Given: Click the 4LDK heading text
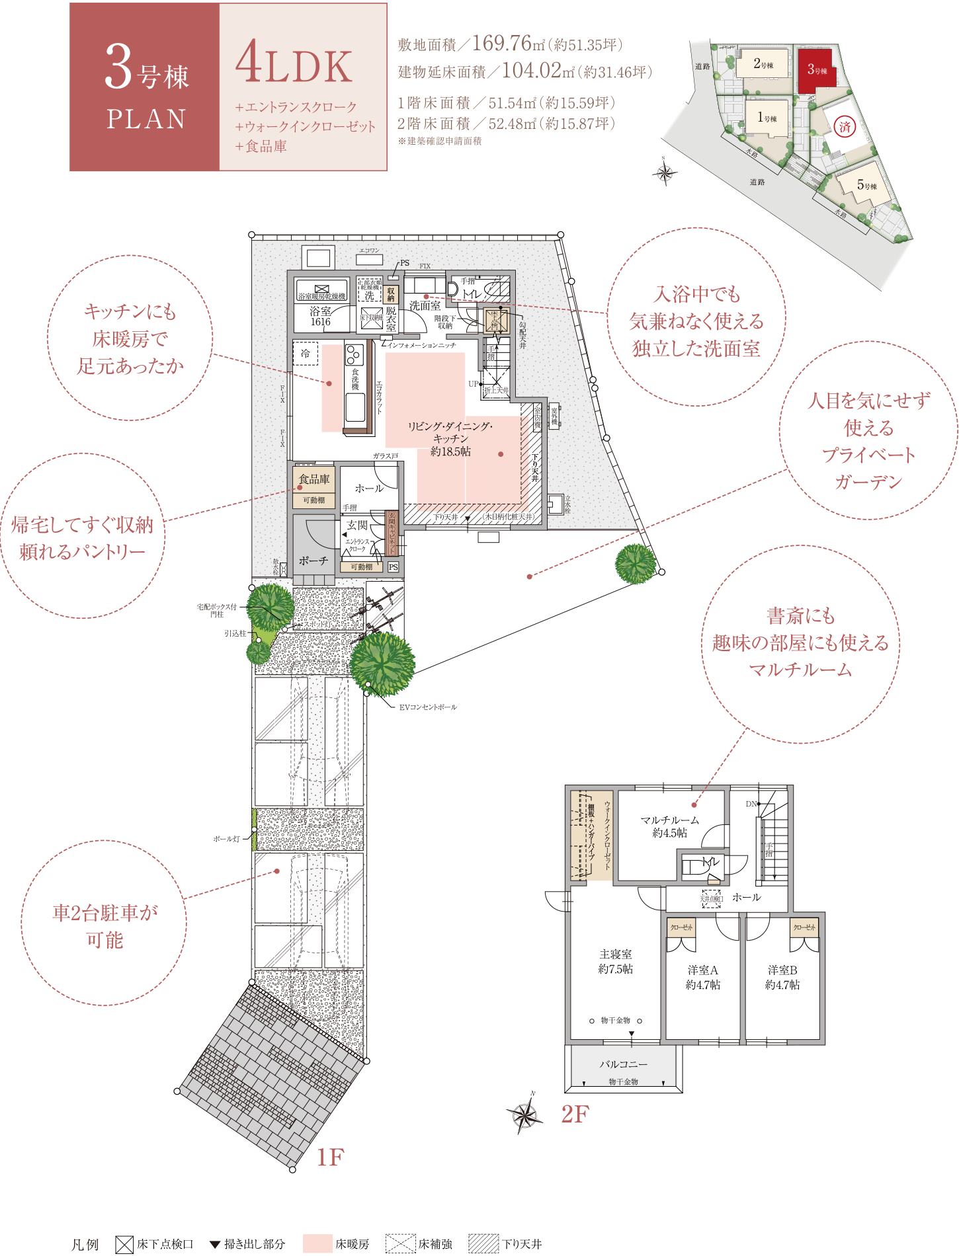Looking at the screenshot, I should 294,66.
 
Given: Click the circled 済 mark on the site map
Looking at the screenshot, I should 845,126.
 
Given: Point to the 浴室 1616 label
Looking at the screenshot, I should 321,316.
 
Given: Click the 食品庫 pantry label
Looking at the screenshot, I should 313,479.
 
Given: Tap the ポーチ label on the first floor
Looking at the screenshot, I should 313,561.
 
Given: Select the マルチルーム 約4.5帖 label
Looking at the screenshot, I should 669,826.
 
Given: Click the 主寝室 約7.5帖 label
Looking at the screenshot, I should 615,961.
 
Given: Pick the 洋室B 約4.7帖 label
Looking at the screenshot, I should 782,977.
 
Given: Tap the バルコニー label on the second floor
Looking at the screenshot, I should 623,1064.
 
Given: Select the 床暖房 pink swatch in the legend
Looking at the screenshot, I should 317,1243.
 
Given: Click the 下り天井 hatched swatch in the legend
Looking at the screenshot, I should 483,1243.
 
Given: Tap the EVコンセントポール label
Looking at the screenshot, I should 428,707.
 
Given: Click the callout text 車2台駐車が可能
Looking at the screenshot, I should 104,925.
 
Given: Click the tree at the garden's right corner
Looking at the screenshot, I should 635,564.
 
